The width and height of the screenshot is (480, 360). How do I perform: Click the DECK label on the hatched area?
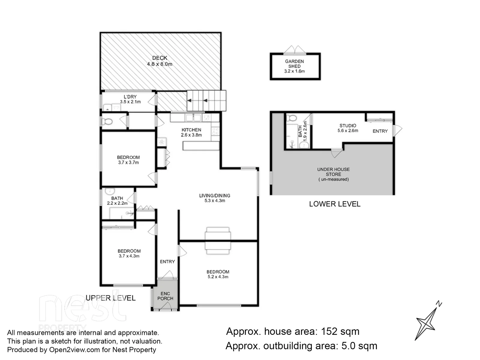[160, 58]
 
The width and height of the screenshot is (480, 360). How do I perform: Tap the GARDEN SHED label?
[294, 64]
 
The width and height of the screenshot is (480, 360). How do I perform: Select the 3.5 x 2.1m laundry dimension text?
[130, 102]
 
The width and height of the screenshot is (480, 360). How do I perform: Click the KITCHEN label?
[191, 130]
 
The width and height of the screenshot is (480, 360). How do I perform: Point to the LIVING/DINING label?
[214, 196]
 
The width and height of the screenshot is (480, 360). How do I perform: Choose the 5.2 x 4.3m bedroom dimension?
[218, 277]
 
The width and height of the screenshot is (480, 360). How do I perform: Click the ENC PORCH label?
[165, 296]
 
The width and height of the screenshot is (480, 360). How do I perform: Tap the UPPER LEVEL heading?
[110, 298]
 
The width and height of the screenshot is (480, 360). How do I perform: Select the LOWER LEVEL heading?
[334, 204]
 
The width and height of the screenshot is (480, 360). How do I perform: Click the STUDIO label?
[348, 126]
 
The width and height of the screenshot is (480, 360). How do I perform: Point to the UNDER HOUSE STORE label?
[333, 172]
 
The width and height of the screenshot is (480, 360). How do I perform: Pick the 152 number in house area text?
[329, 331]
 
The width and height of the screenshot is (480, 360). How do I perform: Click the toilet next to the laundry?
[107, 121]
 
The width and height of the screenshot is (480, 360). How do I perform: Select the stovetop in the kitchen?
[215, 131]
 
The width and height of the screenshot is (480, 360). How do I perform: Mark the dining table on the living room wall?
[217, 241]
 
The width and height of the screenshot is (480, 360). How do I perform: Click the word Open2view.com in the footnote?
[75, 350]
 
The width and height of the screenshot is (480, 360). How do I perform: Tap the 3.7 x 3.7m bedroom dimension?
[128, 162]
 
